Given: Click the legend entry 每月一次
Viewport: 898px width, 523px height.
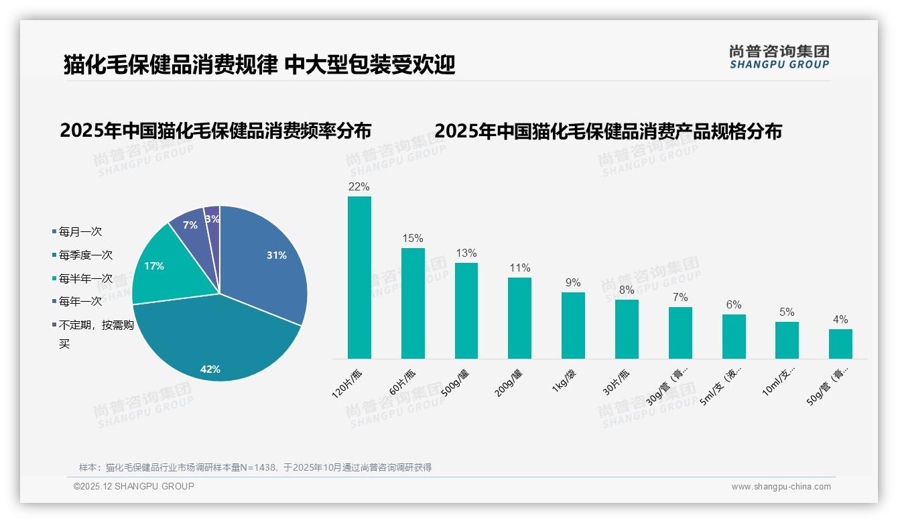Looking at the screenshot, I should click(80, 232).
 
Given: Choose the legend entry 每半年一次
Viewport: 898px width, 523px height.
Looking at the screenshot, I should click(85, 279).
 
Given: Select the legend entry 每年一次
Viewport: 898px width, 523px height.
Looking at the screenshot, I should click(80, 302).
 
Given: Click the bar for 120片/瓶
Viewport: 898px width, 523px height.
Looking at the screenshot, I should click(359, 278).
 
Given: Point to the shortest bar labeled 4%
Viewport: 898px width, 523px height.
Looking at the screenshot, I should click(840, 343).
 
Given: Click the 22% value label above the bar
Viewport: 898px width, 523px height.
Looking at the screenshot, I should click(359, 186).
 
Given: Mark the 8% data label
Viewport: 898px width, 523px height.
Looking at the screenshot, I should click(627, 290).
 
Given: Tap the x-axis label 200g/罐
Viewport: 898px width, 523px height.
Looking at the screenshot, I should click(511, 382).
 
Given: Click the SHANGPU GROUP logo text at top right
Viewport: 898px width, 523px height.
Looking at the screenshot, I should click(779, 64).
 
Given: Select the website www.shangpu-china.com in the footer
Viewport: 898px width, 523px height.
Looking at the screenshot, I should click(781, 487).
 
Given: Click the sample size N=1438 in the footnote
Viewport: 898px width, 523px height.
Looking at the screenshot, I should click(255, 467).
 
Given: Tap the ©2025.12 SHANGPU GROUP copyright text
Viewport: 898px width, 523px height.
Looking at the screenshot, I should click(134, 486).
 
